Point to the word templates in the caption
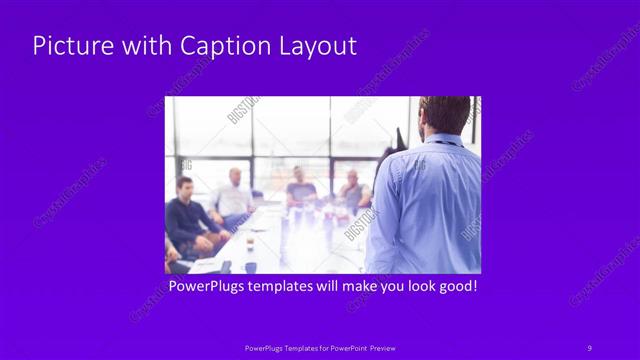tap(287, 287)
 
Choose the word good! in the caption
tap(454, 287)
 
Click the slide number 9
tap(589, 347)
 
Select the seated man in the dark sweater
tap(187, 215)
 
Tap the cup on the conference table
tap(250, 241)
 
